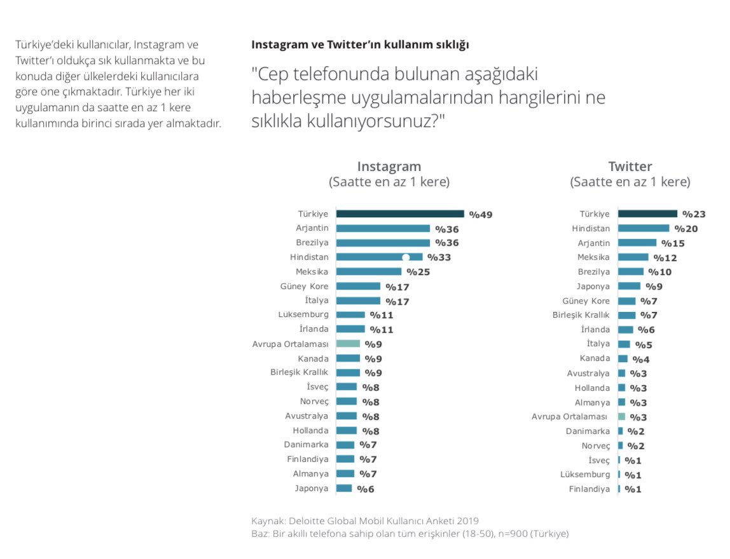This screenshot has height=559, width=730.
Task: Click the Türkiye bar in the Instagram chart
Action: [400, 214]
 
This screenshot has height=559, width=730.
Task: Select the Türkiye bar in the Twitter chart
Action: [647, 214]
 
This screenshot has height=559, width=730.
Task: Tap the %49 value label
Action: [481, 215]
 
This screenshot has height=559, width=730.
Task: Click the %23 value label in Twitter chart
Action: [694, 215]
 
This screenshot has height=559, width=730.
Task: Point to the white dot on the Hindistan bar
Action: [406, 257]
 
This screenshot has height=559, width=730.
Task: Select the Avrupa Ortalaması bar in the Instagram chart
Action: [348, 344]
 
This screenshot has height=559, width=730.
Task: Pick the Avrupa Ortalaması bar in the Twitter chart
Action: [622, 417]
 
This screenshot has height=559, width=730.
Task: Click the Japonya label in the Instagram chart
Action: [312, 488]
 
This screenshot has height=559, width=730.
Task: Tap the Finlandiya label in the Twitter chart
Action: [589, 489]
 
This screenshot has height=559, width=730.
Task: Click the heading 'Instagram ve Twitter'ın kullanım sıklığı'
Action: [360, 44]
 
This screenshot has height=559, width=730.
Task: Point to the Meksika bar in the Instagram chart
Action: [368, 272]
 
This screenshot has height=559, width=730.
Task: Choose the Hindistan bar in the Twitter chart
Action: [643, 228]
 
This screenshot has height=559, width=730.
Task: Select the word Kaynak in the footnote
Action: [267, 521]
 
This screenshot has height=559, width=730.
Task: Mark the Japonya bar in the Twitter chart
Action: [629, 286]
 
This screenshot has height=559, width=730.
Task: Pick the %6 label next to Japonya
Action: [366, 489]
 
